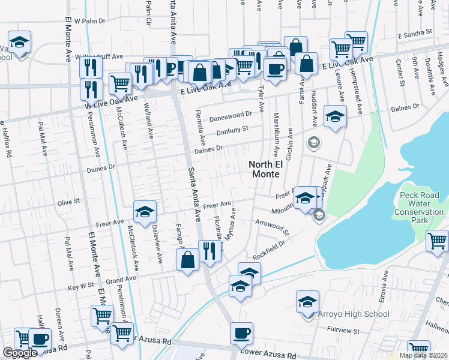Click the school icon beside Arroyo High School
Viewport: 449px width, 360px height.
tap(307, 301)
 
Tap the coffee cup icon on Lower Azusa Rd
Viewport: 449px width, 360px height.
tap(243, 332)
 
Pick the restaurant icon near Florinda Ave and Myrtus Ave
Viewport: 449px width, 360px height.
tap(209, 251)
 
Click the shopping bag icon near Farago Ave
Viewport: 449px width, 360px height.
tap(187, 260)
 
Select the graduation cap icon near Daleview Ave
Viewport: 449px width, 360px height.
tap(145, 212)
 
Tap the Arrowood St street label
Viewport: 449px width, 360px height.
tap(272, 228)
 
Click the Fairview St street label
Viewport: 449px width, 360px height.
tap(343, 331)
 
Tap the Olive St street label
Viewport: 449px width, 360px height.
tap(68, 203)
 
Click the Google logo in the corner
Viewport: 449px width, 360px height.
tap(20, 353)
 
